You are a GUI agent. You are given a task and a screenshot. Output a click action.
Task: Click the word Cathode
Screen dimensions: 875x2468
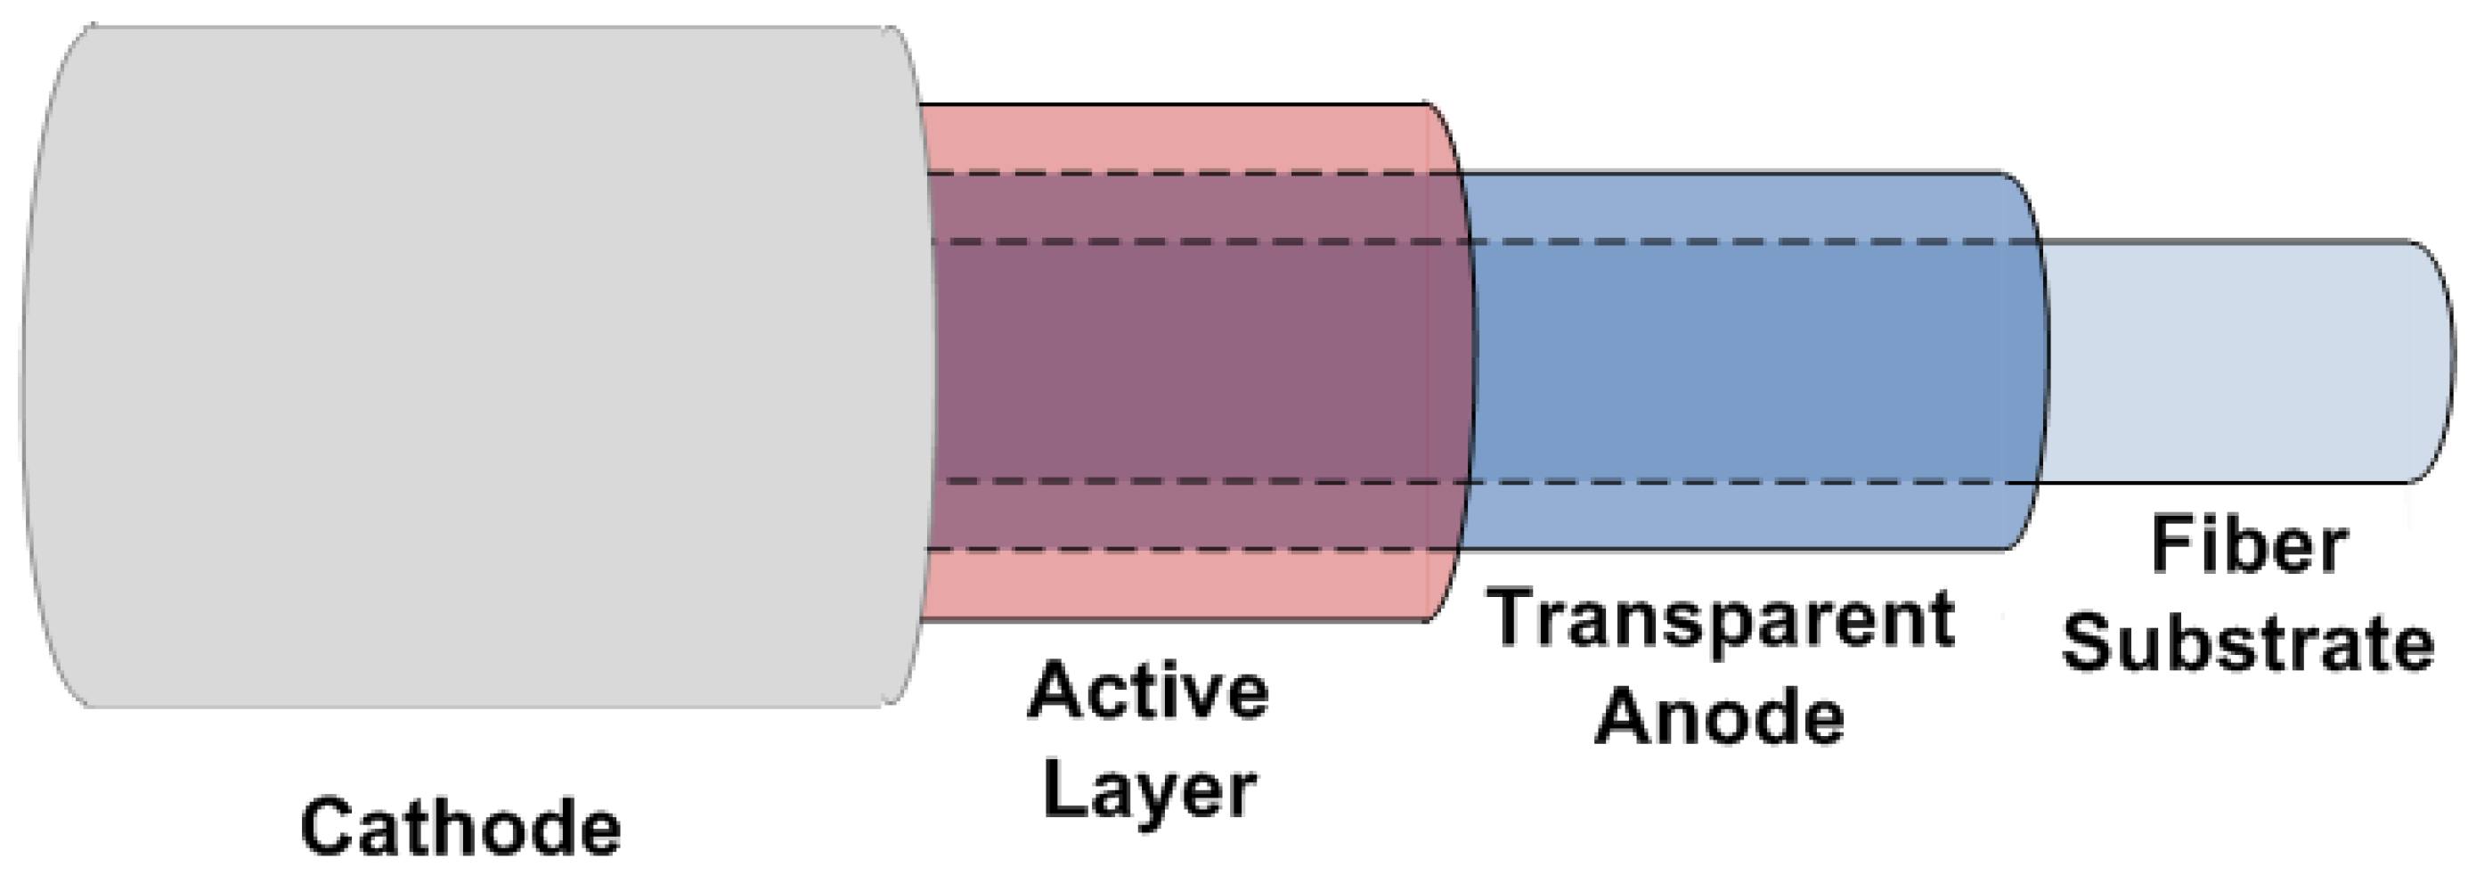click(x=460, y=826)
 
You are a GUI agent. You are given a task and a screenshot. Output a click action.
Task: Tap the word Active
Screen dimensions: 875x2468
click(x=1148, y=690)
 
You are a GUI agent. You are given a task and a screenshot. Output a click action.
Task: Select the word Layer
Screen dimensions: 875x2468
click(x=1148, y=791)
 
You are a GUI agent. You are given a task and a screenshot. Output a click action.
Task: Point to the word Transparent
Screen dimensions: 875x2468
click(x=1720, y=618)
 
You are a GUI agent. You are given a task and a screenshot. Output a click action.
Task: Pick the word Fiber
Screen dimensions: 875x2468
click(x=2249, y=544)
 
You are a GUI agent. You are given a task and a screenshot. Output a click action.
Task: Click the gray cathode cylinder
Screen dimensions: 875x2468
click(x=460, y=364)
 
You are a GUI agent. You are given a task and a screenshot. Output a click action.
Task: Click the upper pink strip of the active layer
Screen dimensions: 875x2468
click(x=1178, y=139)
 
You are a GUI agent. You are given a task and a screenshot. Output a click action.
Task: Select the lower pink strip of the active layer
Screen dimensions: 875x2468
click(x=1178, y=585)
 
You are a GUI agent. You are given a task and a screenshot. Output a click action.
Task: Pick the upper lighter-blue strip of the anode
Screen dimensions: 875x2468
click(x=1744, y=207)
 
